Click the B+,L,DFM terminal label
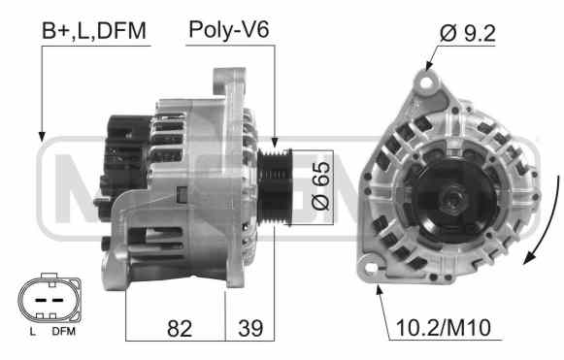pyautogui.click(x=94, y=31)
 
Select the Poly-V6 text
pyautogui.click(x=229, y=29)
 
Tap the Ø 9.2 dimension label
pyautogui.click(x=468, y=33)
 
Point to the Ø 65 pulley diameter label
pyautogui.click(x=320, y=185)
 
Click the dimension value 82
pyautogui.click(x=180, y=328)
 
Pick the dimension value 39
pyautogui.click(x=250, y=328)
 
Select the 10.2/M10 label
pyautogui.click(x=443, y=328)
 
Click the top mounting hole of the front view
pyautogui.click(x=426, y=83)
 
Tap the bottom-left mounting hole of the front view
pyautogui.click(x=371, y=268)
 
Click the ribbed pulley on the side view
pyautogui.click(x=275, y=187)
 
